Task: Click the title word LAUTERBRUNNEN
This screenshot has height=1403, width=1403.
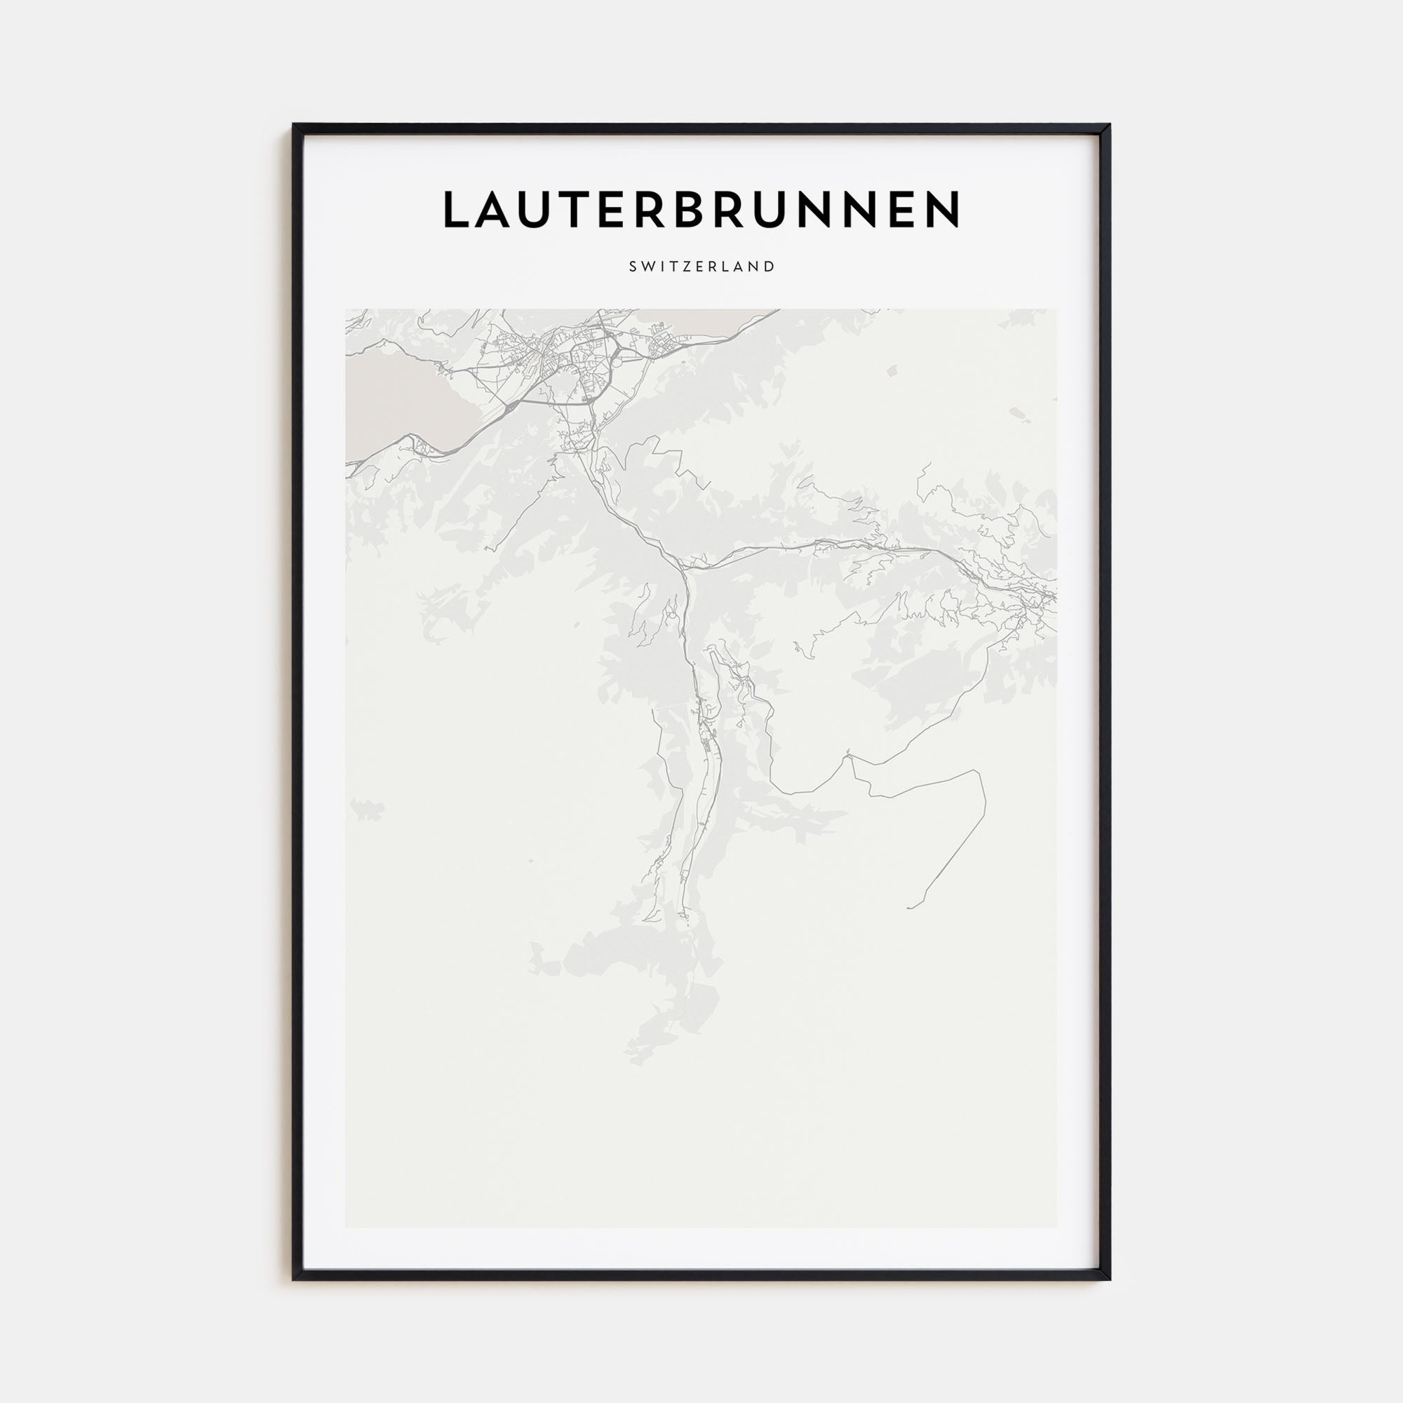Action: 701,210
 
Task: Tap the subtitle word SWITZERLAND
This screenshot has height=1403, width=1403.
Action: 701,267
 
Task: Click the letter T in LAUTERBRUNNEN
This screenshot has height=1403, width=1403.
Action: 576,210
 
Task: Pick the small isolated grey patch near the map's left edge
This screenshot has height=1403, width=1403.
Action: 368,808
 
